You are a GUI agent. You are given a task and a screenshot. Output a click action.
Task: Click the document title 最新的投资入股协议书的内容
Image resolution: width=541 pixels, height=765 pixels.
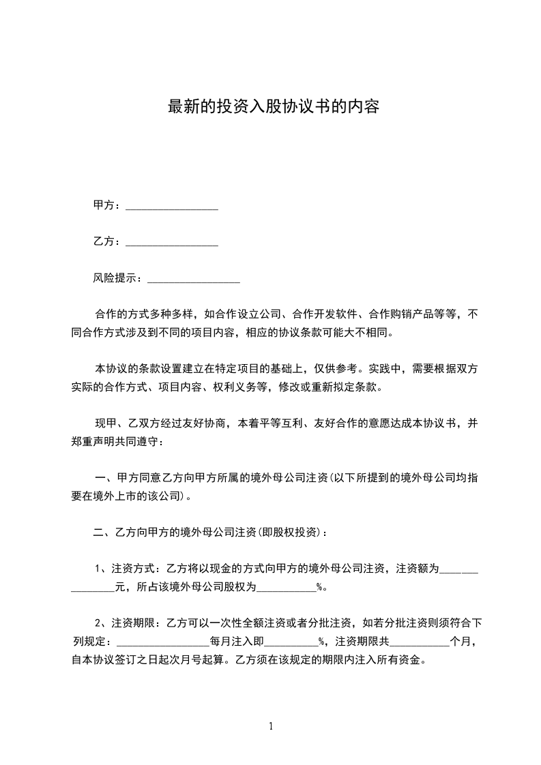[273, 107]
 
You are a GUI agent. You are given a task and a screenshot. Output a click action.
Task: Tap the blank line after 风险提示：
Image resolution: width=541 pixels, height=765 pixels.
[194, 279]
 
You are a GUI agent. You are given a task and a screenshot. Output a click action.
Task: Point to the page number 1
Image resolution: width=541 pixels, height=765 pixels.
[271, 726]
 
